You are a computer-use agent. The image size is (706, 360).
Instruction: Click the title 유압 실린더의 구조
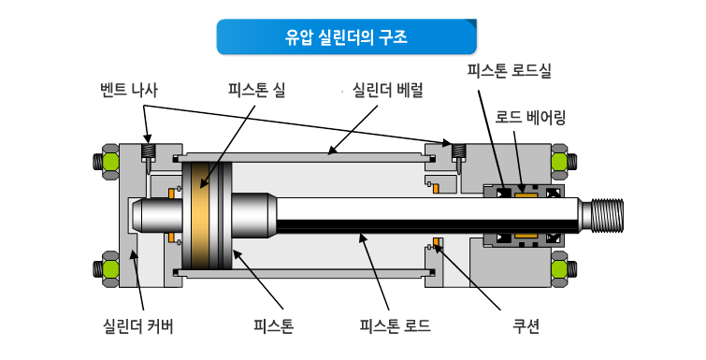pos(346,36)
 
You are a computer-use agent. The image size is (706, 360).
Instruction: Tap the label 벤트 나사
pos(129,90)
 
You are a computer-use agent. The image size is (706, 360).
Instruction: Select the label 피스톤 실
pos(256,90)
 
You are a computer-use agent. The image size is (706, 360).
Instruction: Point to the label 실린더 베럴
pos(387,90)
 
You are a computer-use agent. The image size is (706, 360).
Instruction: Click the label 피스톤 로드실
pos(510,71)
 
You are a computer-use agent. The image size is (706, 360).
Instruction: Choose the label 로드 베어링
pos(530,117)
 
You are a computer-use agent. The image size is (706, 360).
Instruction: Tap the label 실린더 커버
pos(138,325)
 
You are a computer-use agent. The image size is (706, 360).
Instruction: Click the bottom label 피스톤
pos(273,325)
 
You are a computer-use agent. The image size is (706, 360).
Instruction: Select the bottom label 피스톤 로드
pos(395,325)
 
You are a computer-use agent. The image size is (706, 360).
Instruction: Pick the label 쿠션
pos(526,325)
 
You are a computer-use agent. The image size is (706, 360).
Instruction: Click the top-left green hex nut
pos(110,162)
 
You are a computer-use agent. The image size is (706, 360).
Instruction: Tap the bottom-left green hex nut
pos(110,269)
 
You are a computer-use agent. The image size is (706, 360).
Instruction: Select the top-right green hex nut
pos(559,162)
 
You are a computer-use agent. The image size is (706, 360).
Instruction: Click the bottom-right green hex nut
pos(559,269)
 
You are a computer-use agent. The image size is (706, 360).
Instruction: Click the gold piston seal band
pos(200,216)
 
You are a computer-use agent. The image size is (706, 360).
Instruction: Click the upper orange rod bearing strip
pos(526,194)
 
